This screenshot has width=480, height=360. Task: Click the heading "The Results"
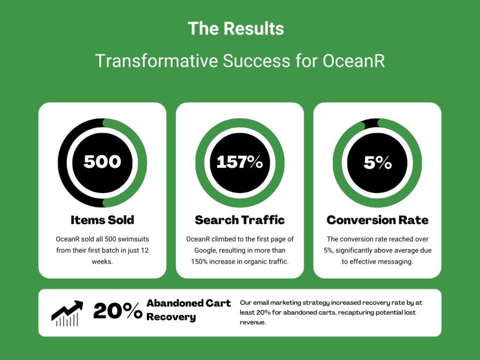pos(236,29)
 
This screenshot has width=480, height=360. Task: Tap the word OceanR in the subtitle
pos(354,61)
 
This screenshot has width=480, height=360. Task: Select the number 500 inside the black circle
pos(102,162)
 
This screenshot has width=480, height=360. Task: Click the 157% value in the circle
pos(240,162)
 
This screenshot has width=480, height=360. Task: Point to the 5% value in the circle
pos(377,162)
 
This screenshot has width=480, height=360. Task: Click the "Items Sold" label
pos(102,220)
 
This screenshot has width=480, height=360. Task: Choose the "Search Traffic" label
pos(240,220)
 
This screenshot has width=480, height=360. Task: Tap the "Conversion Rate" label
pos(377,220)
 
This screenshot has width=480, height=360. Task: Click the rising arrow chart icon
pos(67,313)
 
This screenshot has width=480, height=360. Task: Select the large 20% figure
pos(118,311)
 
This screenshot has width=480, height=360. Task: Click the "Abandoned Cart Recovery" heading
pos(188,310)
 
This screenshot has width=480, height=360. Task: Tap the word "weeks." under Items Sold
pos(102,262)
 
